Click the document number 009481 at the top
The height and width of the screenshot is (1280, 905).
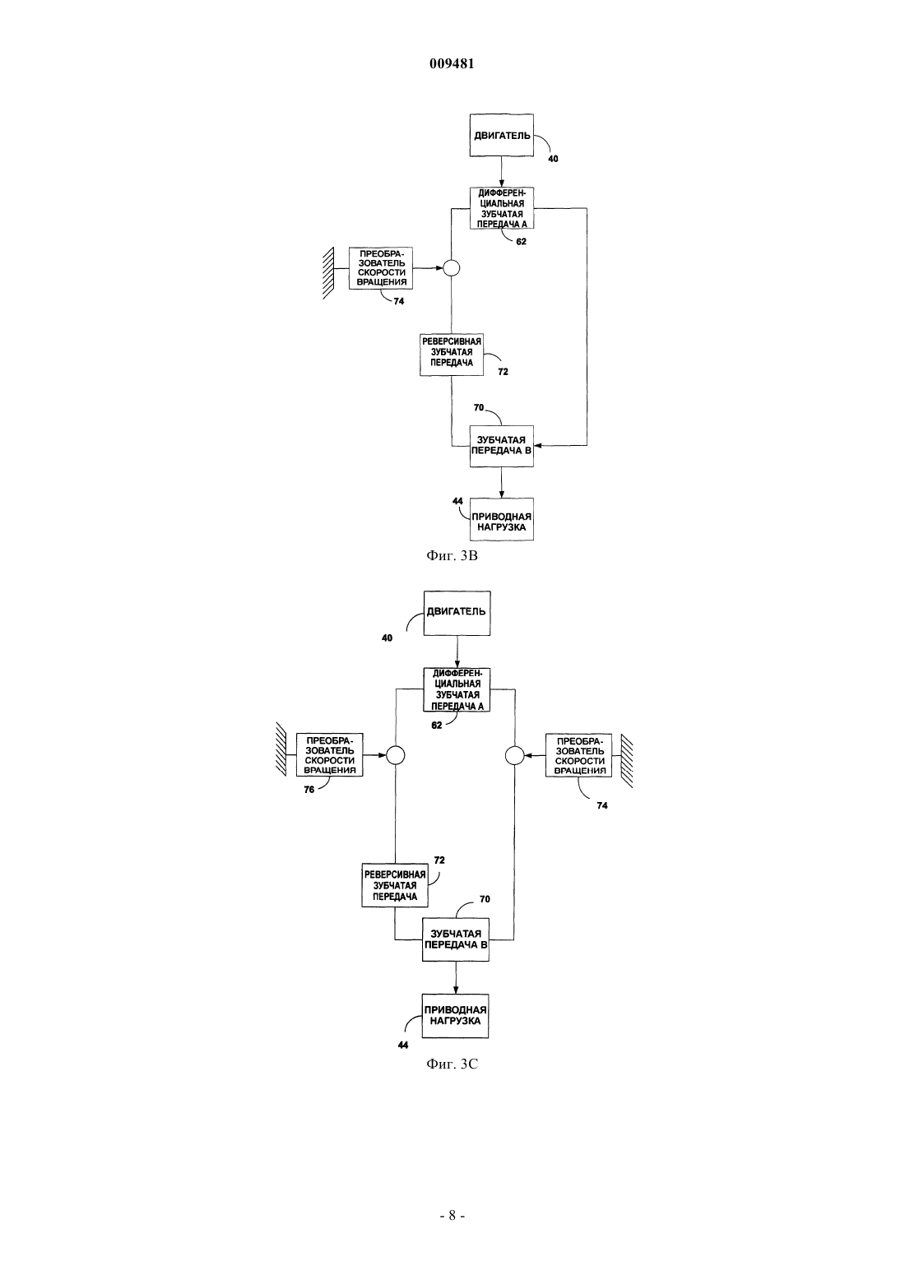452,63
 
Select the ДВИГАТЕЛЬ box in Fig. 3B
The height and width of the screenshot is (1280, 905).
502,136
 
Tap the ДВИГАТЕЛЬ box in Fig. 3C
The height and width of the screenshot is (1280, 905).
457,613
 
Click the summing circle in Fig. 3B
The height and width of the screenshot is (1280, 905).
452,268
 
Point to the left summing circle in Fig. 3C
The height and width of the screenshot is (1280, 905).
396,755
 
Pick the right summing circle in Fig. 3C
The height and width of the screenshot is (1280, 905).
515,755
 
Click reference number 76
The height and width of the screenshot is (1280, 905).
309,791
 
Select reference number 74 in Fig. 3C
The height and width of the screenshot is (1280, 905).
601,805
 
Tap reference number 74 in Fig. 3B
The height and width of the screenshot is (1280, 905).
399,301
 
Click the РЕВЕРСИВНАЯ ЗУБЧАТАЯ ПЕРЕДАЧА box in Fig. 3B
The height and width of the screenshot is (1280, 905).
452,355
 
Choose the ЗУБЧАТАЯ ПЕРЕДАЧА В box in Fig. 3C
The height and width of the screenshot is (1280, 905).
455,939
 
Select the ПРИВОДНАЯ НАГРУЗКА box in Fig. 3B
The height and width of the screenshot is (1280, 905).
502,519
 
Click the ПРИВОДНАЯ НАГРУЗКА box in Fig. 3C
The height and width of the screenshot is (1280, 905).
455,1016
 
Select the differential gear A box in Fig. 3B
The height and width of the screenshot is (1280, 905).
502,209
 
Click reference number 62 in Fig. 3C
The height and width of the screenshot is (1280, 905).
437,726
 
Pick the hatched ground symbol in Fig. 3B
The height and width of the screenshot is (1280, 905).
328,273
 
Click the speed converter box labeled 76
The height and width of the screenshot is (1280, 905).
330,755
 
